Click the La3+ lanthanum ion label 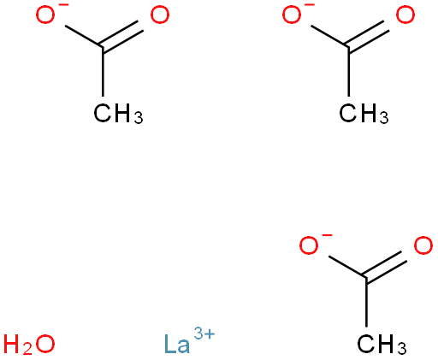tap(189, 340)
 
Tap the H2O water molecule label tap(29, 345)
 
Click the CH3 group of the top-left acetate tap(118, 114)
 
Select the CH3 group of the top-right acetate tap(364, 114)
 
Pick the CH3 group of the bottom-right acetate tap(382, 345)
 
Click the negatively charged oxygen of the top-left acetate tap(45, 15)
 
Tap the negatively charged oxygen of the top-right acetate tap(292, 15)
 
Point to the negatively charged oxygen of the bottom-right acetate tap(309, 245)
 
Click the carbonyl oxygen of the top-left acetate tap(160, 15)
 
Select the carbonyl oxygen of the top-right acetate tap(405, 15)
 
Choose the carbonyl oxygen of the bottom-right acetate tap(423, 245)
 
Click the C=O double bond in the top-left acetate tap(121, 36)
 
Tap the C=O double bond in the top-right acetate tap(367, 36)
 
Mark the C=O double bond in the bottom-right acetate tap(385, 267)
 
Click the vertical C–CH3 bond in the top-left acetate tap(103, 72)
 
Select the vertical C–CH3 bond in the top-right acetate tap(348, 72)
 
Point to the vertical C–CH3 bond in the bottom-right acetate tap(366, 302)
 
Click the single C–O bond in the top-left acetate tap(84, 37)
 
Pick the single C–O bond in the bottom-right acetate tap(347, 267)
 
